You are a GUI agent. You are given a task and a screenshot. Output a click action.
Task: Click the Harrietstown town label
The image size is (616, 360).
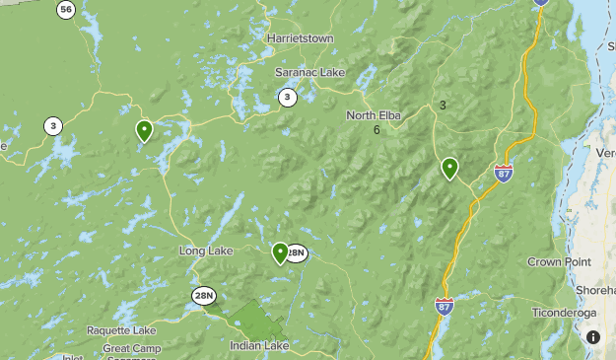tap(300, 38)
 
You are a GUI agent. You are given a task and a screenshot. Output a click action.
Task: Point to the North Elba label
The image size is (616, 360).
tap(374, 116)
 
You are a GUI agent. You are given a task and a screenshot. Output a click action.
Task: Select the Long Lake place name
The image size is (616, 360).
tap(205, 252)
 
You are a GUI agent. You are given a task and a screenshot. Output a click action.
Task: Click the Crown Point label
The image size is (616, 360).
tap(558, 262)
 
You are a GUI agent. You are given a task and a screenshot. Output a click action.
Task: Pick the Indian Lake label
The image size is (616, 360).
tap(259, 346)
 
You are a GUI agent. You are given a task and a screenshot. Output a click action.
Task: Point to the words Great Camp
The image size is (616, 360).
tap(130, 348)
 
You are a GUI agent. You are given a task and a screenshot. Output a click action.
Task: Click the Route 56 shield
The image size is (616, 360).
tap(66, 11)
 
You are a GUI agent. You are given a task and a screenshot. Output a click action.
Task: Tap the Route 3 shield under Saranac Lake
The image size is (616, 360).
tap(287, 97)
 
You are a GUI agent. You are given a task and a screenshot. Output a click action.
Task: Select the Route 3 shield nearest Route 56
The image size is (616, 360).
tap(52, 125)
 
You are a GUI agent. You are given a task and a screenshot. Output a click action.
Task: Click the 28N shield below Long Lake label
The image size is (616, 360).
tap(204, 295)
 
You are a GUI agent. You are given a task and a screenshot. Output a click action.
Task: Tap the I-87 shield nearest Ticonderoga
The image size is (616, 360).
tap(444, 307)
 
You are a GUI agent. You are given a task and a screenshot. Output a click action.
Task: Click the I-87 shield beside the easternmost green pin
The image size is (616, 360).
tap(504, 174)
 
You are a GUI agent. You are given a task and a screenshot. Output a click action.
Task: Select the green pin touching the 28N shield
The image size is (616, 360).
tap(280, 252)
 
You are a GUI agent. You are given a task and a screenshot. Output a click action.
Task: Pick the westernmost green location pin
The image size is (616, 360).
tap(144, 130)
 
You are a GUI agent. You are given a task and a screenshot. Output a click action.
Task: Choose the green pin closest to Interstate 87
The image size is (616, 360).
tap(449, 168)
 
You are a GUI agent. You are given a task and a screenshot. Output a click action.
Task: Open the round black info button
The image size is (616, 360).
tap(592, 337)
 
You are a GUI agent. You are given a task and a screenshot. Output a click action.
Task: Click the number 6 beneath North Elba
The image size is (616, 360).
tap(376, 130)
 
